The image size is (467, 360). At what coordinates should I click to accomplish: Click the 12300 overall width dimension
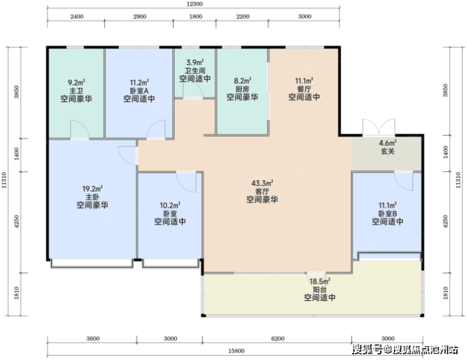(194, 4)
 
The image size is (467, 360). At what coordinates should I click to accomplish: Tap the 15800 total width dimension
(236, 351)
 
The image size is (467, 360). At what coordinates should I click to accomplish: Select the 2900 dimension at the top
(139, 16)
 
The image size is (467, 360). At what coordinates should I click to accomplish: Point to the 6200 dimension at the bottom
(278, 339)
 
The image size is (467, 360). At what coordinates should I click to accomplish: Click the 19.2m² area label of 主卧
(93, 189)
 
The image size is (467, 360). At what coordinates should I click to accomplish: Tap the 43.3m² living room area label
(262, 183)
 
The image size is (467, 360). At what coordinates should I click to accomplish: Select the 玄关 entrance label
(387, 152)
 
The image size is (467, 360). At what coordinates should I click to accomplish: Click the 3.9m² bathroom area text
(195, 63)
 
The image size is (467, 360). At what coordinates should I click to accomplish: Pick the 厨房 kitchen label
(242, 89)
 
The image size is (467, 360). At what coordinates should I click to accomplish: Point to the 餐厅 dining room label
(304, 89)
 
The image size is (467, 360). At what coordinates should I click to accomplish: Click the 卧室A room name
(139, 90)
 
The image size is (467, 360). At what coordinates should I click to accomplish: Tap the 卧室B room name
(387, 213)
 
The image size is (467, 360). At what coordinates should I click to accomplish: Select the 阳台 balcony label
(319, 289)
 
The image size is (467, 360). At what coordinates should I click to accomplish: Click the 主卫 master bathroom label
(76, 90)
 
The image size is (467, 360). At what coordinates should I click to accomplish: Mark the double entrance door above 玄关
(379, 128)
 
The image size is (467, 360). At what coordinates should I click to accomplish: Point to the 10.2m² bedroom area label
(170, 205)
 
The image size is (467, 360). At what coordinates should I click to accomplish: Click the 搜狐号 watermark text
(367, 349)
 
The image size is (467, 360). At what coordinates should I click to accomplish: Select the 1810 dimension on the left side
(16, 292)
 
